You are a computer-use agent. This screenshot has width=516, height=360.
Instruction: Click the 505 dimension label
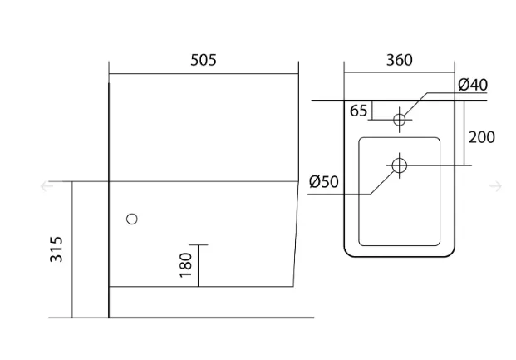click(204, 60)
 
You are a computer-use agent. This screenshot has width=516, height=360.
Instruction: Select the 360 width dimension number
click(399, 60)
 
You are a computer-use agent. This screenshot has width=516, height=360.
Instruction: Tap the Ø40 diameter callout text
click(473, 85)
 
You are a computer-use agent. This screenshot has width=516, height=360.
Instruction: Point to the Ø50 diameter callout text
click(324, 181)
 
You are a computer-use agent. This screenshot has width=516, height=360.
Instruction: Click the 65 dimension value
click(358, 111)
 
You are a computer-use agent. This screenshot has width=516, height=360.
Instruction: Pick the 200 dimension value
click(481, 137)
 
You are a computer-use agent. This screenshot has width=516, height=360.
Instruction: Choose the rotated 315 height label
click(56, 249)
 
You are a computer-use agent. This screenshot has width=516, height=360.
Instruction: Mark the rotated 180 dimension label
click(185, 265)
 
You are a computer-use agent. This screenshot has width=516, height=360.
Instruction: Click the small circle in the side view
click(132, 219)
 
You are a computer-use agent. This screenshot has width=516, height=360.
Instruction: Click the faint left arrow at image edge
click(47, 186)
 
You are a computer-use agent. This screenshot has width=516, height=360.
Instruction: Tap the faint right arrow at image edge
click(495, 186)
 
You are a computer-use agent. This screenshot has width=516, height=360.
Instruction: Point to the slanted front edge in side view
click(296, 234)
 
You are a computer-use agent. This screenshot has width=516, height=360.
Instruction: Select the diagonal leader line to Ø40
click(415, 104)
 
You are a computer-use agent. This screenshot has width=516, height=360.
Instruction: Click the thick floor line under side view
click(211, 318)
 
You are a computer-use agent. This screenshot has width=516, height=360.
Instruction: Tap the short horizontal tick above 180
click(199, 245)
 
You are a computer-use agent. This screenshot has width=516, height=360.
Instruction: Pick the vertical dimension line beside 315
click(72, 249)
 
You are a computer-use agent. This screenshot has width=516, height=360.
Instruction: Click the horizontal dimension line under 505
click(204, 74)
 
